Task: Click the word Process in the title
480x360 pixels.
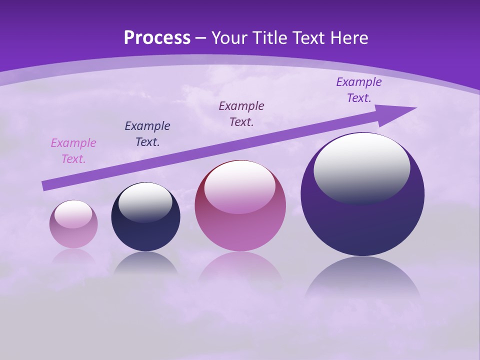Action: pyautogui.click(x=157, y=38)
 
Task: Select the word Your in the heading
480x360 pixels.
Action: pyautogui.click(x=229, y=38)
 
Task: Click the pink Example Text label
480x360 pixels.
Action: pyautogui.click(x=73, y=151)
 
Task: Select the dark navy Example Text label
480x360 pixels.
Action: pyautogui.click(x=147, y=134)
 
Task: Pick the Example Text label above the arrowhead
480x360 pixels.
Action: pyautogui.click(x=359, y=90)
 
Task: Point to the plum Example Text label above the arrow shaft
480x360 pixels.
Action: pyautogui.click(x=241, y=114)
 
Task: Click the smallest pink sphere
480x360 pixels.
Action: pyautogui.click(x=73, y=235)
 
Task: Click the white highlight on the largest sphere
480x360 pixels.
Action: pyautogui.click(x=362, y=167)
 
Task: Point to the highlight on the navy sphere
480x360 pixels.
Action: pyautogui.click(x=145, y=202)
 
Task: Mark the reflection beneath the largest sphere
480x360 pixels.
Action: pyautogui.click(x=362, y=277)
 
